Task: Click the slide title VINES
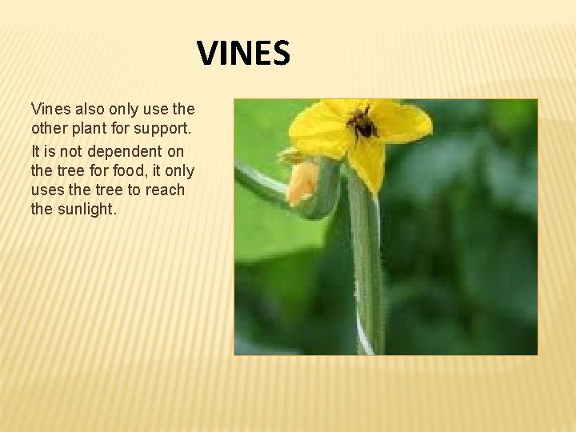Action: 244,54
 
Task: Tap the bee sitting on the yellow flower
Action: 362,124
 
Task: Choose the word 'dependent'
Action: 120,150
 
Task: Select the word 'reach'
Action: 165,190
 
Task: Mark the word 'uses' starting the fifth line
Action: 46,190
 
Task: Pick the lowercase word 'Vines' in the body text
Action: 49,108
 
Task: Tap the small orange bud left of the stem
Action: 303,182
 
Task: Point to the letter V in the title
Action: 207,54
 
